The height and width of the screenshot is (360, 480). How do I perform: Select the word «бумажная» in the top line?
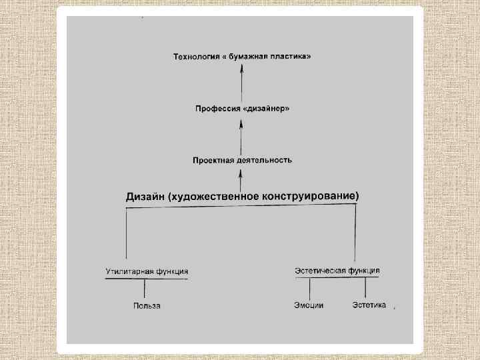click(248, 57)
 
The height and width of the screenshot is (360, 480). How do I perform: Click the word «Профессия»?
click(216, 108)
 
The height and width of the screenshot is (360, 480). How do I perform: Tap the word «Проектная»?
click(212, 161)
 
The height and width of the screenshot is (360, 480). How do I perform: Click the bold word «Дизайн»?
click(146, 196)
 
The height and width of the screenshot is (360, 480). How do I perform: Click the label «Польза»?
click(147, 306)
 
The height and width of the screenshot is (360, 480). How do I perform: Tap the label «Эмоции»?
click(309, 305)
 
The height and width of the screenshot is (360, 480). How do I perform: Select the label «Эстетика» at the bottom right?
click(369, 305)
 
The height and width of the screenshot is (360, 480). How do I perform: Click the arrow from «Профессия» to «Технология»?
click(243, 83)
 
